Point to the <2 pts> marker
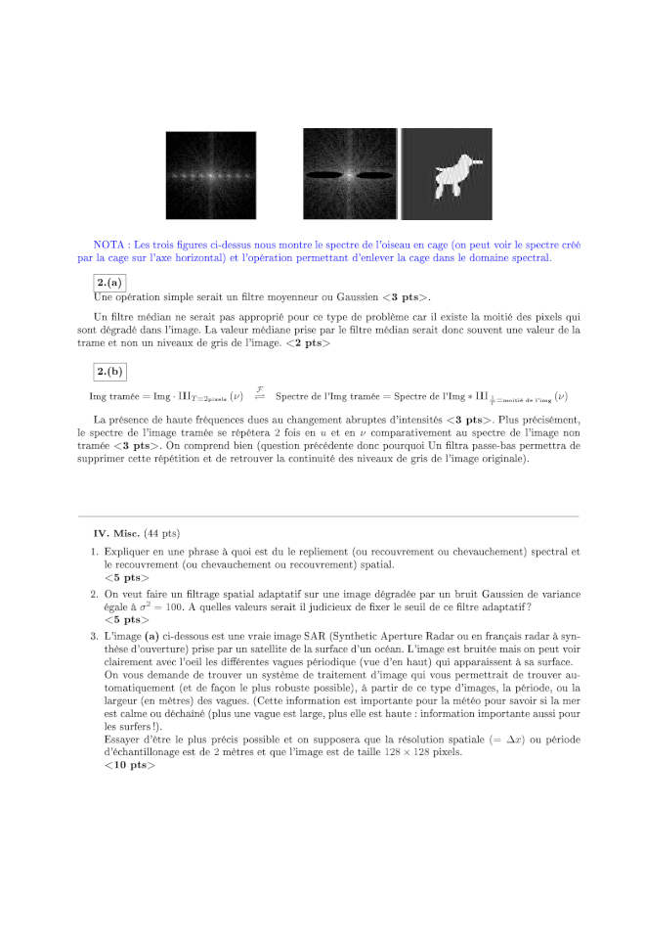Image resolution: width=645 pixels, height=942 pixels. point(314,343)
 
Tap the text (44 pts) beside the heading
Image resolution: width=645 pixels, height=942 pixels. point(162,534)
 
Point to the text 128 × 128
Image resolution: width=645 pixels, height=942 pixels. point(516,751)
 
